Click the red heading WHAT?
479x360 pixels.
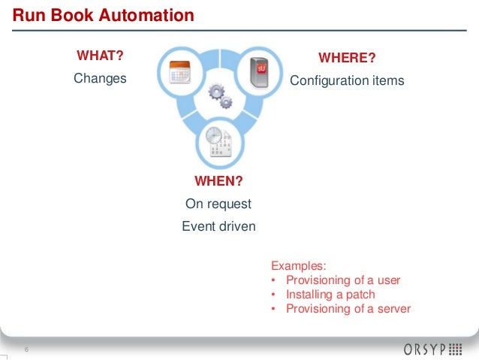tap(98, 56)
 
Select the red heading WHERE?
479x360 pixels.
tap(347, 59)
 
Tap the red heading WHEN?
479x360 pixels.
tap(218, 181)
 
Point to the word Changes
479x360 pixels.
tap(99, 78)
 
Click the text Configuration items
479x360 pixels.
tap(347, 80)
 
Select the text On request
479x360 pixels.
tap(218, 204)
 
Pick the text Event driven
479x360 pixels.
tap(218, 226)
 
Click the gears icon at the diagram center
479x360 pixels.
tap(218, 95)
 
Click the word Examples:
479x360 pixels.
tap(299, 265)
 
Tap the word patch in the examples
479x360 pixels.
tap(360, 295)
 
